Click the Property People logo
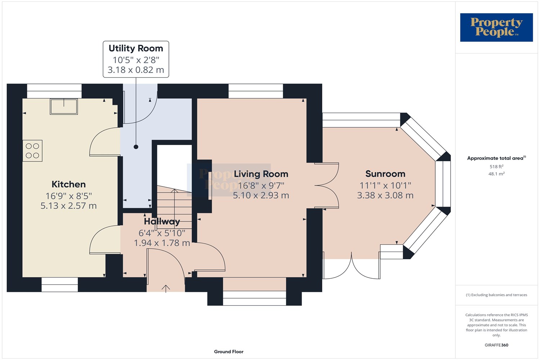(x=496, y=27)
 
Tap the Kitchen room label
(x=69, y=184)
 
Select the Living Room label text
(x=261, y=174)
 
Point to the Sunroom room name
(x=385, y=174)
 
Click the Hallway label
(x=162, y=222)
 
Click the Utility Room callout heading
(x=136, y=48)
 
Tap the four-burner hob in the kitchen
(x=32, y=151)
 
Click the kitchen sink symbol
(x=64, y=106)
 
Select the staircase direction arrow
(x=175, y=209)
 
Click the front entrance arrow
(x=166, y=289)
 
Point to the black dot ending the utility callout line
(x=136, y=147)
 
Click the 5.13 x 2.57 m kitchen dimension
(x=69, y=206)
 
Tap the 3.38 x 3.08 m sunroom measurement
(x=385, y=195)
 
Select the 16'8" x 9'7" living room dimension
(x=261, y=186)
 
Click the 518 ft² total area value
(x=496, y=166)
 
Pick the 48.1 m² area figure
(x=496, y=174)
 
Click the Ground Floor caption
(x=229, y=352)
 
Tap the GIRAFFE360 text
(x=496, y=345)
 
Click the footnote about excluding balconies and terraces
(x=496, y=295)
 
